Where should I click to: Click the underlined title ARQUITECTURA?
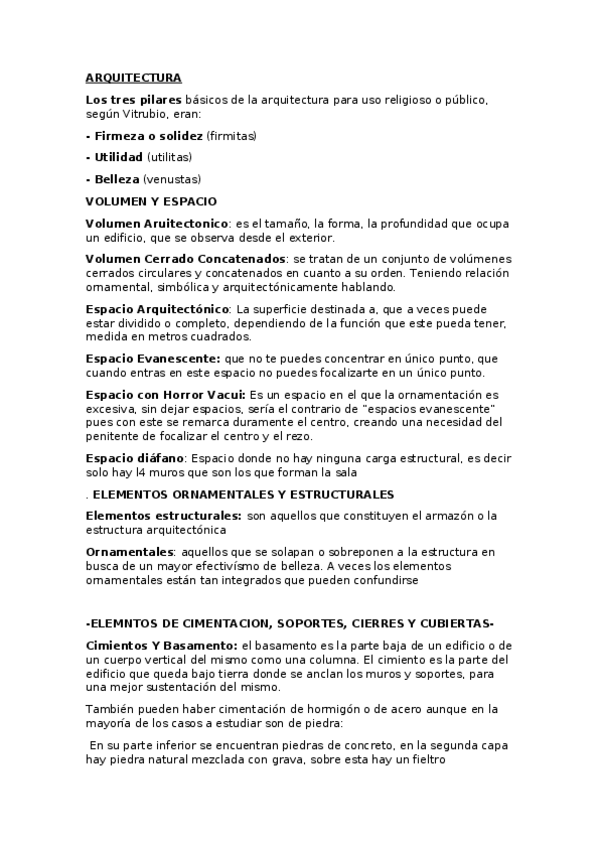coord(133,77)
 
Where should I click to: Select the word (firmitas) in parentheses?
coord(232,135)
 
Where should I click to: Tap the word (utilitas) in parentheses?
coord(169,157)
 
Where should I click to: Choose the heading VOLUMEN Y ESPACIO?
coord(151,201)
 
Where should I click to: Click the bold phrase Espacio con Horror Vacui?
coord(164,395)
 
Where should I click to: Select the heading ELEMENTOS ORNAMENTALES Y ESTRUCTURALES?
coord(243,494)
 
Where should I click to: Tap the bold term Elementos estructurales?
coord(163,515)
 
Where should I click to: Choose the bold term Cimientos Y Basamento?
coord(162,647)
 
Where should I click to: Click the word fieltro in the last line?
coord(432,759)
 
